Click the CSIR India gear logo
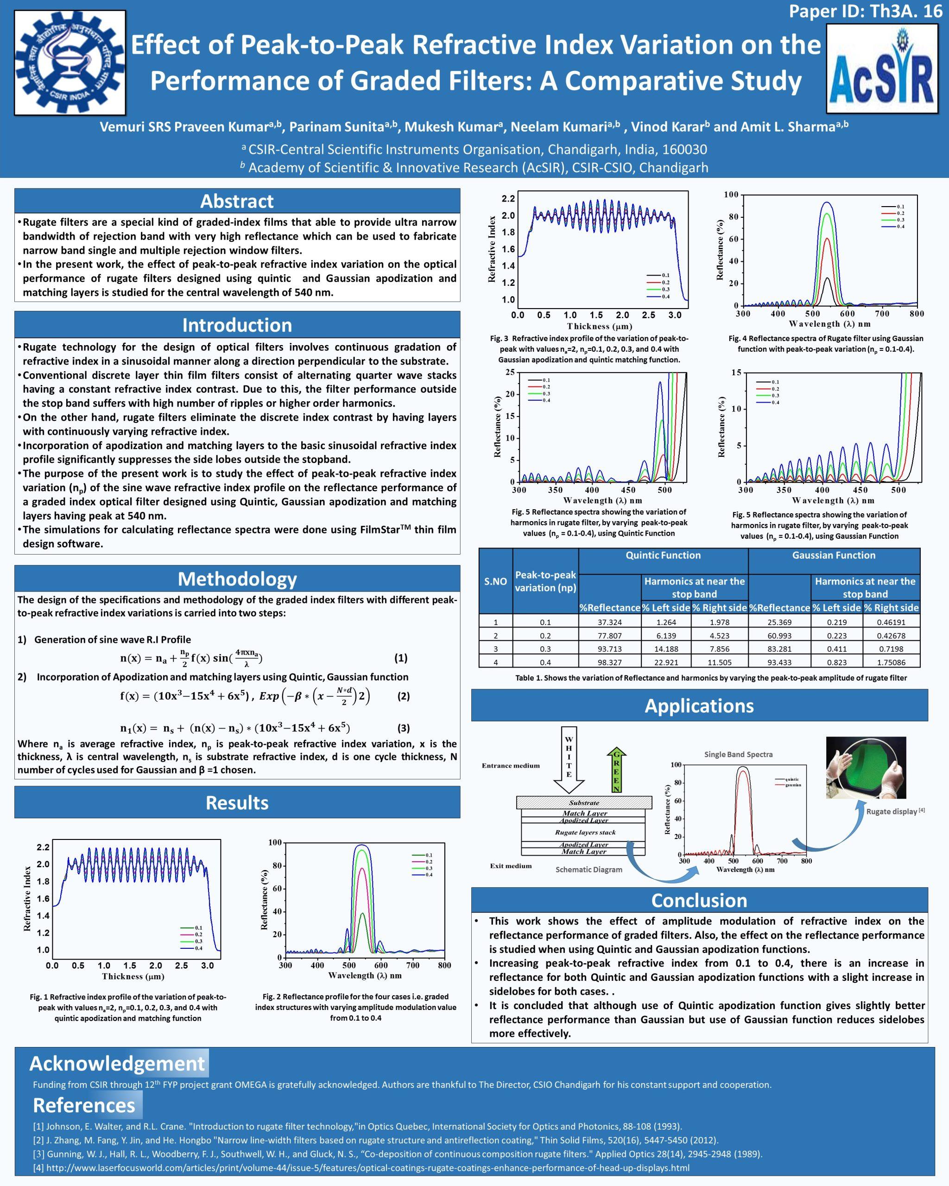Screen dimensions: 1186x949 pyautogui.click(x=70, y=62)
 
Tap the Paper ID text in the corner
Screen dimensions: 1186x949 pyautogui.click(x=866, y=12)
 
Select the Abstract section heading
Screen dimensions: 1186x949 pyautogui.click(x=237, y=201)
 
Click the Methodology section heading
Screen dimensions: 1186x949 pyautogui.click(x=237, y=579)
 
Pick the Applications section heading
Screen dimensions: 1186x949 pyautogui.click(x=699, y=706)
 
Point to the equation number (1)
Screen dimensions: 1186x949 pyautogui.click(x=401, y=658)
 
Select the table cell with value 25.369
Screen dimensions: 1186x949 pyautogui.click(x=779, y=622)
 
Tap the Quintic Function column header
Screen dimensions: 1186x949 pyautogui.click(x=663, y=555)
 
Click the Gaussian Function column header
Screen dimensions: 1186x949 pyautogui.click(x=834, y=555)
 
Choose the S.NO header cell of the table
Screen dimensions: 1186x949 pyautogui.click(x=495, y=581)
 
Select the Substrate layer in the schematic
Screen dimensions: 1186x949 pyautogui.click(x=584, y=802)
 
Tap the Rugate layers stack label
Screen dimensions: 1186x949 pyautogui.click(x=585, y=833)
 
